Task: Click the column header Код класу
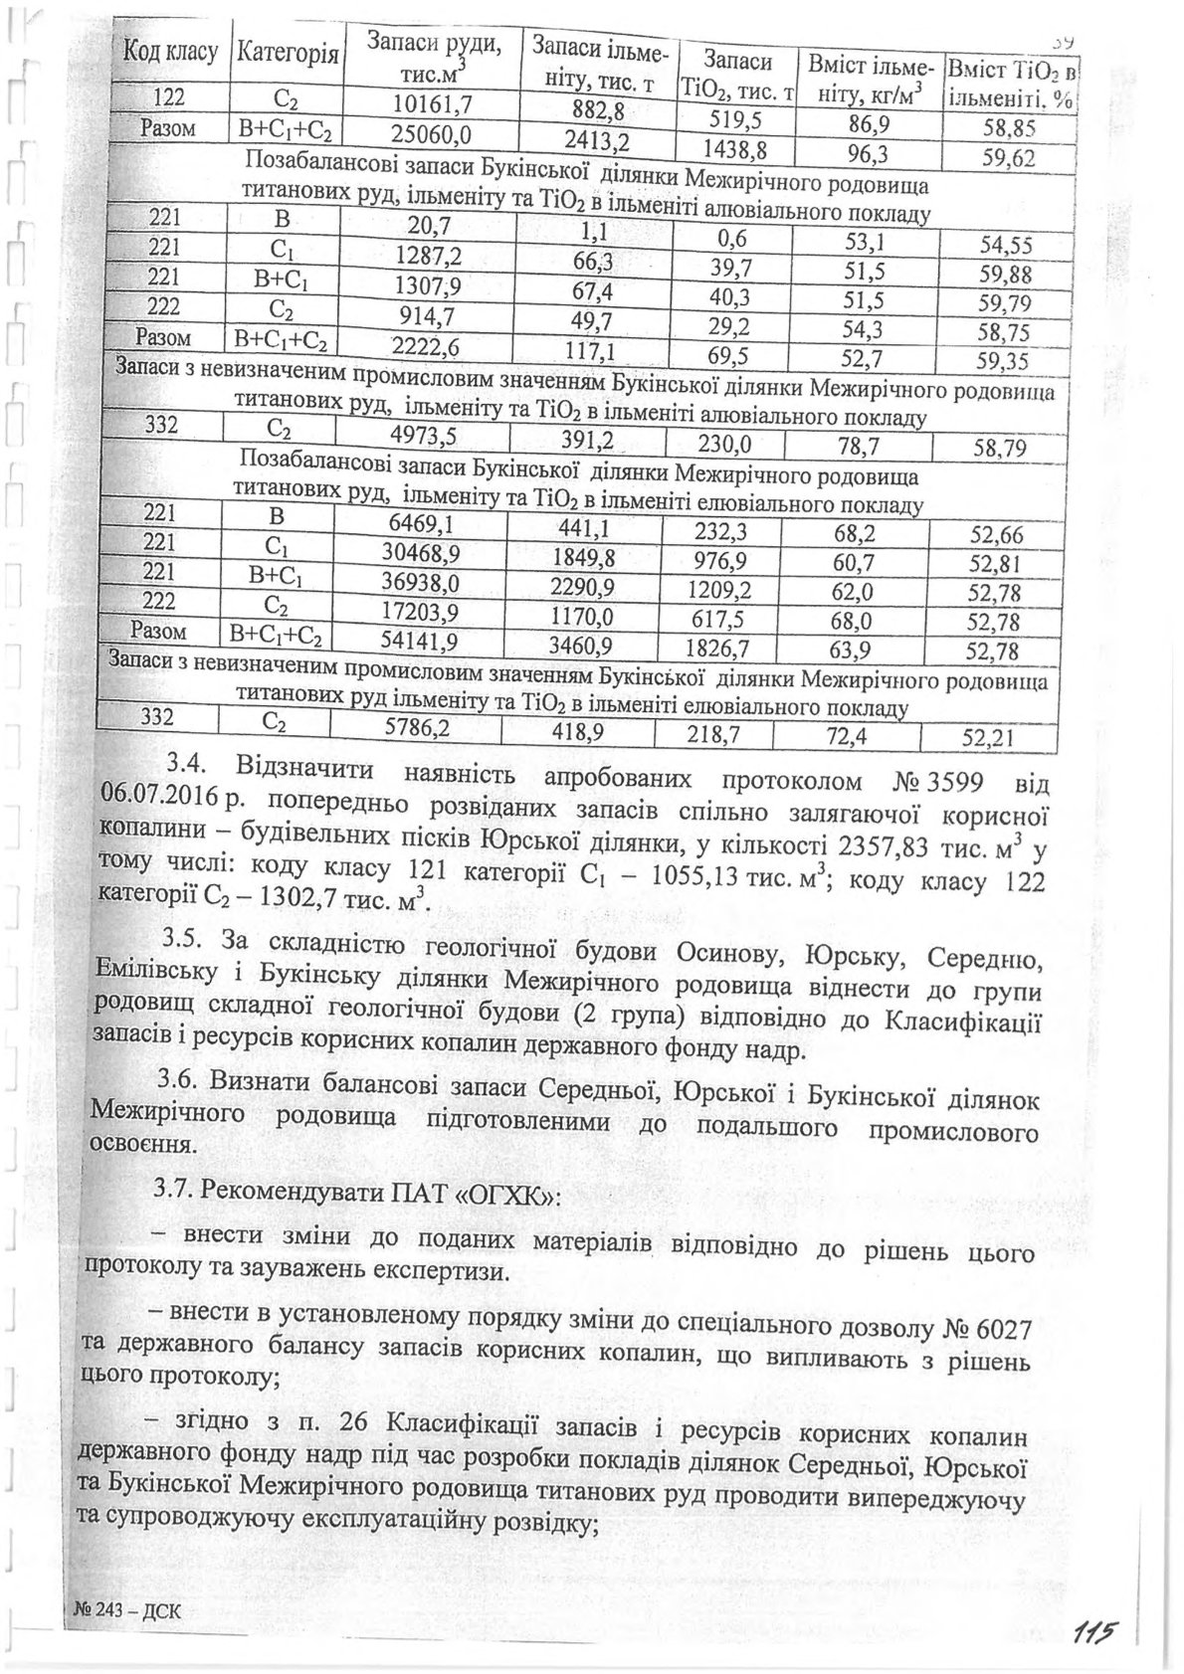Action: tap(170, 52)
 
